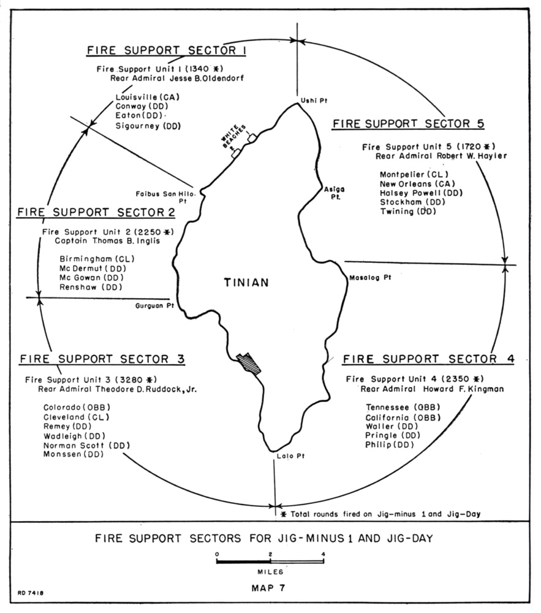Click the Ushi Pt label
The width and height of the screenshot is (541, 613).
[x=314, y=101]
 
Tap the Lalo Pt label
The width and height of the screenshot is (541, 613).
[x=290, y=456]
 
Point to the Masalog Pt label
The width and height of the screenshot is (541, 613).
[x=370, y=278]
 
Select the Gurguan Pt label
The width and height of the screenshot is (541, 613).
[x=154, y=306]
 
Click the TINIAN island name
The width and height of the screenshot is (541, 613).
[x=246, y=282]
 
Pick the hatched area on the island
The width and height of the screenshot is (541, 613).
[x=249, y=364]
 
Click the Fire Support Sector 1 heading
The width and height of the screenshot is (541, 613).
[x=167, y=50]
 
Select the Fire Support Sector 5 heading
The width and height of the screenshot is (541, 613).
[x=408, y=124]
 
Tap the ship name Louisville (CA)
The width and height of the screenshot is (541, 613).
[x=147, y=97]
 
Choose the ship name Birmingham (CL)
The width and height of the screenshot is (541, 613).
[x=97, y=259]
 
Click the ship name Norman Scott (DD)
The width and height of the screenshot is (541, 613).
[x=86, y=445]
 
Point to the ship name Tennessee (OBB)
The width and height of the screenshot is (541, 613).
[x=403, y=408]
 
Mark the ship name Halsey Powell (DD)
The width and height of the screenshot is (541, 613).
[x=421, y=193]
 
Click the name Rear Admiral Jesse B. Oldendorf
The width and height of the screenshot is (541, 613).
[x=177, y=78]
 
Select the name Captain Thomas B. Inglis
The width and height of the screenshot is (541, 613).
[x=107, y=241]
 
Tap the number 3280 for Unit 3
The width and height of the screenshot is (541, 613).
[x=132, y=379]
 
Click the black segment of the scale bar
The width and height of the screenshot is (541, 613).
[x=243, y=562]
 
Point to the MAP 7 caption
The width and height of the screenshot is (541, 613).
[x=268, y=588]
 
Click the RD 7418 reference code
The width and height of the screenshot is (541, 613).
[x=31, y=593]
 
